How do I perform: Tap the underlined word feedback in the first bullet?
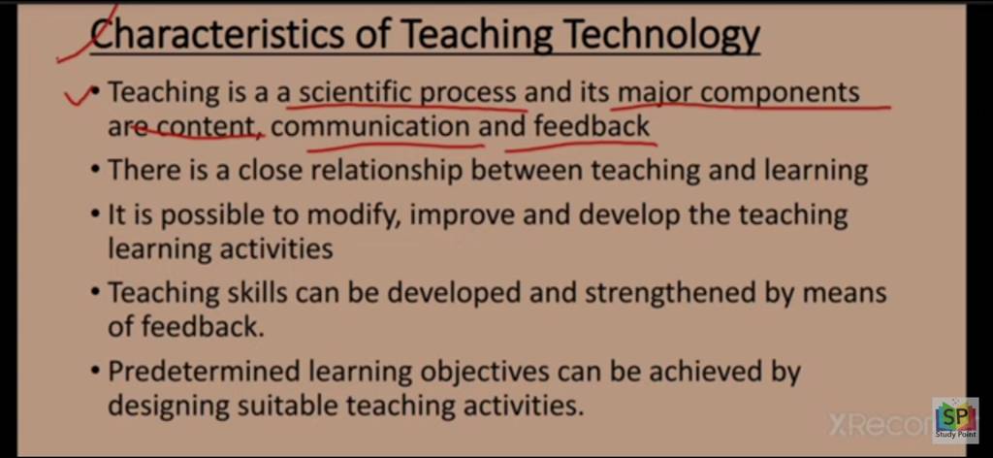point(592,127)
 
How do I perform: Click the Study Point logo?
point(954,419)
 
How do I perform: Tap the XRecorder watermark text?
point(878,424)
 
